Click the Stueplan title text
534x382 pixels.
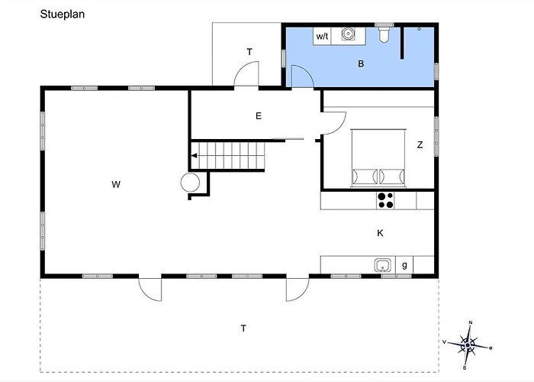click(x=63, y=15)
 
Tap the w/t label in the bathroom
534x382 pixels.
click(x=322, y=36)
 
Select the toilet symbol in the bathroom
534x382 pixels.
click(x=384, y=34)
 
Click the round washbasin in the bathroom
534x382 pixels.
click(x=347, y=34)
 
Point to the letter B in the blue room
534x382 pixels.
click(x=361, y=63)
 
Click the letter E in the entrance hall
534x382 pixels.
click(x=259, y=116)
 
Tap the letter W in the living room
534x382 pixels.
click(x=116, y=185)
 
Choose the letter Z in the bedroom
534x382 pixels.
click(x=420, y=145)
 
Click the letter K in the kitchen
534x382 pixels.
click(x=380, y=233)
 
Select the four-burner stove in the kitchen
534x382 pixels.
click(x=385, y=200)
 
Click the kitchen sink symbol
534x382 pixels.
click(x=383, y=265)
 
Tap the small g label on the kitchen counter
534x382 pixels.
click(x=404, y=265)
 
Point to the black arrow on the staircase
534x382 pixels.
click(x=194, y=156)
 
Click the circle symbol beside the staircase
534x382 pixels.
click(x=190, y=183)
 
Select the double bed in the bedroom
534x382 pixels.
click(x=378, y=158)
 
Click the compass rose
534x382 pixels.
click(x=468, y=345)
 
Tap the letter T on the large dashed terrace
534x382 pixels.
click(x=243, y=329)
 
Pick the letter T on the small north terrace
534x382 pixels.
click(x=249, y=52)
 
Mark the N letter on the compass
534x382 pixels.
click(x=471, y=322)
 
